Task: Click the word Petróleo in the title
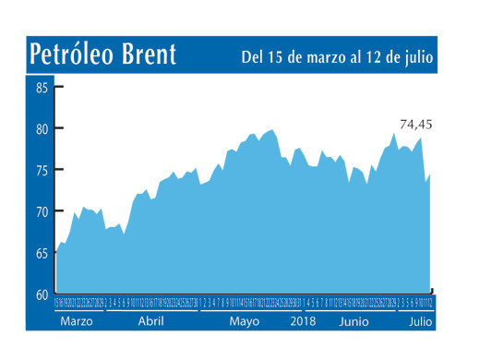[70, 54]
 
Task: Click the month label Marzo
[77, 325]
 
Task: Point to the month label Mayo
[244, 325]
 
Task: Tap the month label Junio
[356, 325]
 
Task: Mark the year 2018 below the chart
[303, 325]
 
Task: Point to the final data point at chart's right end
[430, 173]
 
